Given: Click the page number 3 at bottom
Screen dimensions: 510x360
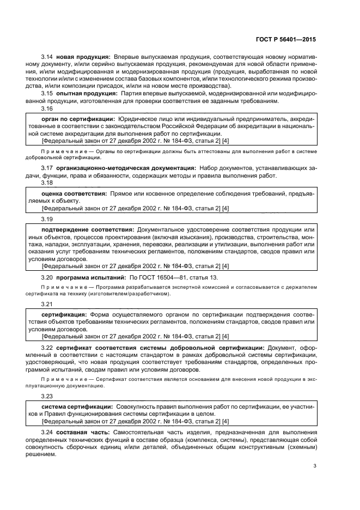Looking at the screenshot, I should [x=315, y=466].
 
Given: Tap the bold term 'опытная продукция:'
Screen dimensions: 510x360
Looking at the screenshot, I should [x=83, y=93].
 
